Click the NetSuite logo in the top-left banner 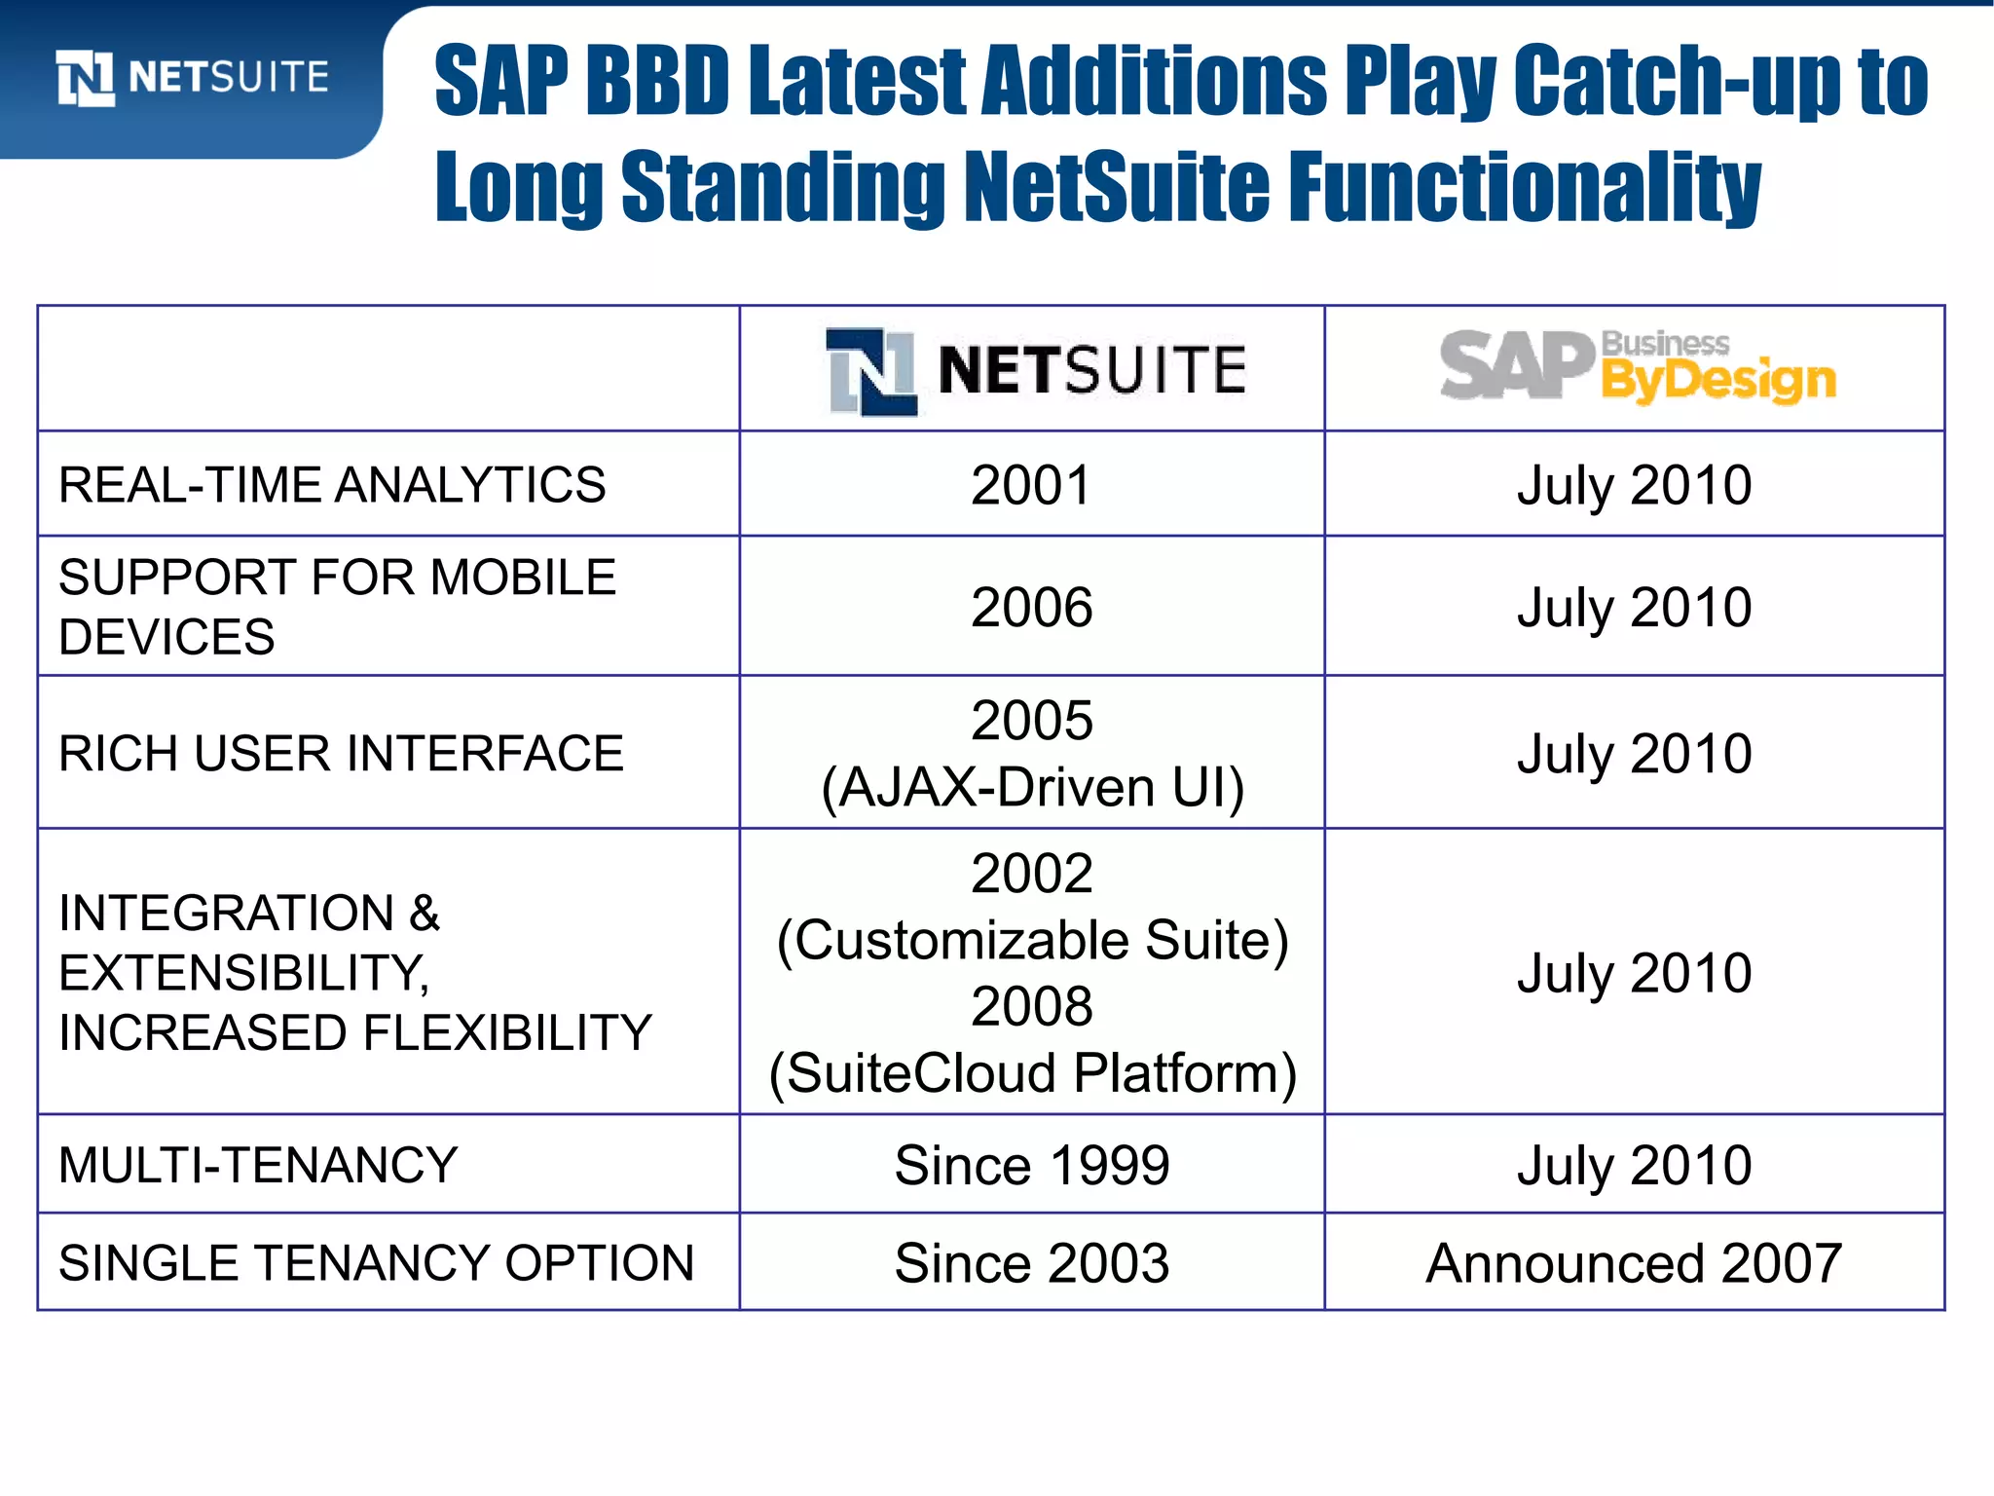pyautogui.click(x=193, y=77)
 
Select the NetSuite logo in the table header pyautogui.click(x=1036, y=370)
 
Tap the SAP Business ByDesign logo pyautogui.click(x=1638, y=367)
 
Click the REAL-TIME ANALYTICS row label pyautogui.click(x=332, y=485)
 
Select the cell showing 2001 pyautogui.click(x=1031, y=485)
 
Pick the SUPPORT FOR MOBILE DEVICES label pyautogui.click(x=337, y=607)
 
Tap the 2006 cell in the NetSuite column pyautogui.click(x=1031, y=607)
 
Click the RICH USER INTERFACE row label pyautogui.click(x=341, y=754)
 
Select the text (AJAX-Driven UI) pyautogui.click(x=1032, y=787)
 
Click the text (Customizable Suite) pyautogui.click(x=1032, y=940)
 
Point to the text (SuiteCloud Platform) pyautogui.click(x=1032, y=1073)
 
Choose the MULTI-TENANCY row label pyautogui.click(x=258, y=1165)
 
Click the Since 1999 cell pyautogui.click(x=1032, y=1165)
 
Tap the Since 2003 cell pyautogui.click(x=1032, y=1263)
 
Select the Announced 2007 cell pyautogui.click(x=1634, y=1263)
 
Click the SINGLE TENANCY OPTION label pyautogui.click(x=377, y=1263)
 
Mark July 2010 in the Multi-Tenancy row pyautogui.click(x=1634, y=1165)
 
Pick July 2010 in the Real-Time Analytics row pyautogui.click(x=1634, y=485)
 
